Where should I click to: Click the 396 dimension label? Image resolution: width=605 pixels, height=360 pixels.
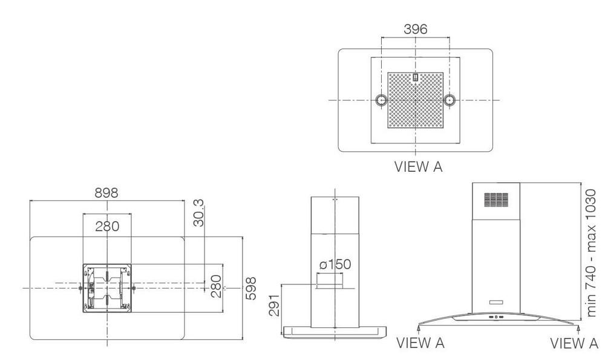tap(415, 29)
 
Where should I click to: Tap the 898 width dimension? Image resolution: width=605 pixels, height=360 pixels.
tap(106, 193)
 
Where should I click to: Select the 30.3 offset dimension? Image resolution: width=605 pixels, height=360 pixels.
tap(198, 213)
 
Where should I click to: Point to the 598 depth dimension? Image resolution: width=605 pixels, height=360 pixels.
tap(251, 288)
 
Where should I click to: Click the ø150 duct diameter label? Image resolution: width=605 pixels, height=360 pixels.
tap(335, 264)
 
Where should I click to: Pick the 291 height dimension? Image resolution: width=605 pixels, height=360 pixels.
tap(274, 305)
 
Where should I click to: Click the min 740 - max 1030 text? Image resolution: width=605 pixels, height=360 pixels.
tap(590, 253)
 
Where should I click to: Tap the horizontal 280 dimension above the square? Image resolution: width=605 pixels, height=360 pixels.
tap(107, 226)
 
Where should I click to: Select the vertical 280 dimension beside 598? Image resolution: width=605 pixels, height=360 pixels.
tap(217, 286)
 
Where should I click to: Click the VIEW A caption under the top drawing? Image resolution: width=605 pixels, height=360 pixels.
tap(418, 166)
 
